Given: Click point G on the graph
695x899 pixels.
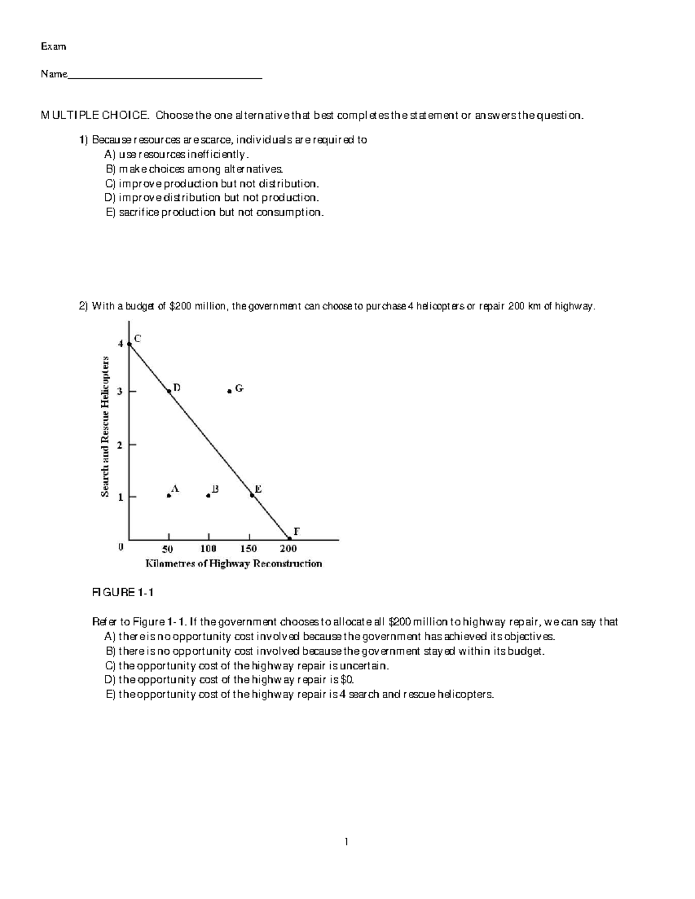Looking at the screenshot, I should click(229, 391).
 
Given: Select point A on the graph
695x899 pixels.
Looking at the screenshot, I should click(169, 496).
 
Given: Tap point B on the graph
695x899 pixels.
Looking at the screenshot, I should click(208, 496).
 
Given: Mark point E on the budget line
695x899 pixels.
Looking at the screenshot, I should click(252, 495).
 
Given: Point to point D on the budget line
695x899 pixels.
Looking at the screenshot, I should click(169, 391).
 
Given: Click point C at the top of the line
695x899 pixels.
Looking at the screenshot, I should click(129, 344).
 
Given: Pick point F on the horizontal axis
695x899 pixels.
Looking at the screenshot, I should click(290, 538).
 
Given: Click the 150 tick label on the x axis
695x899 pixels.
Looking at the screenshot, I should click(248, 549).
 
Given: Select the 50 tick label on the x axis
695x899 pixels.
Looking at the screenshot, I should click(167, 549).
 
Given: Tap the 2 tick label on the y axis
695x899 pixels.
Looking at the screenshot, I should click(120, 445).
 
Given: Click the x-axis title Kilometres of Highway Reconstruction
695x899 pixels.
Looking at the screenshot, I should click(233, 564).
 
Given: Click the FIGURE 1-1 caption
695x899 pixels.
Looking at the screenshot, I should click(123, 592).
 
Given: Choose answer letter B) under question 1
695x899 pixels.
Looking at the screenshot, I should click(111, 170).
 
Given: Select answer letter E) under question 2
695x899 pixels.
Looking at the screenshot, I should click(111, 694).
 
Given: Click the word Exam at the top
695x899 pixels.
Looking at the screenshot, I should click(53, 46).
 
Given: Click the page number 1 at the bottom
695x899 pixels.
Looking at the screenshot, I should click(346, 842).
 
